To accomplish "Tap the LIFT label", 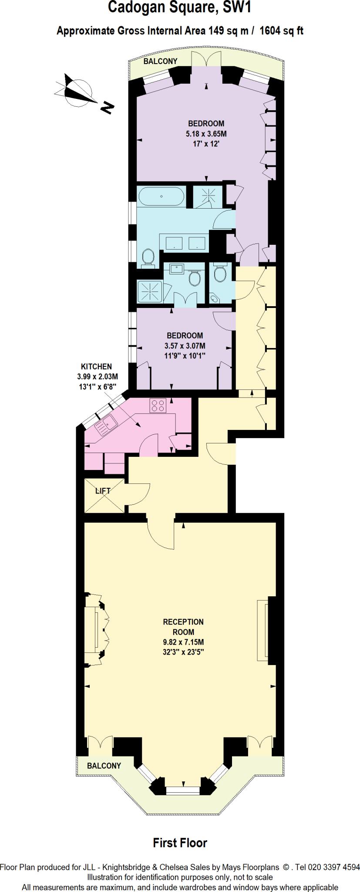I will tap(103, 490).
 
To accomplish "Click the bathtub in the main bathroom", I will tap(161, 196).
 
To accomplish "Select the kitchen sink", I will tap(106, 424).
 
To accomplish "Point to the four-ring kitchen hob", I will tap(158, 406).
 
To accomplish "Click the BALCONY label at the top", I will tap(161, 61).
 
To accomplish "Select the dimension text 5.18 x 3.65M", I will tap(206, 133).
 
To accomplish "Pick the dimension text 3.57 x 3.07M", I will tap(185, 346).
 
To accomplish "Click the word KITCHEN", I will tap(97, 367).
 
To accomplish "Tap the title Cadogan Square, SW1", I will tap(180, 8).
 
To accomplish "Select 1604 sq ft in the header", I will tap(282, 31).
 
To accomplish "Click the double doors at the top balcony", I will tap(206, 58).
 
